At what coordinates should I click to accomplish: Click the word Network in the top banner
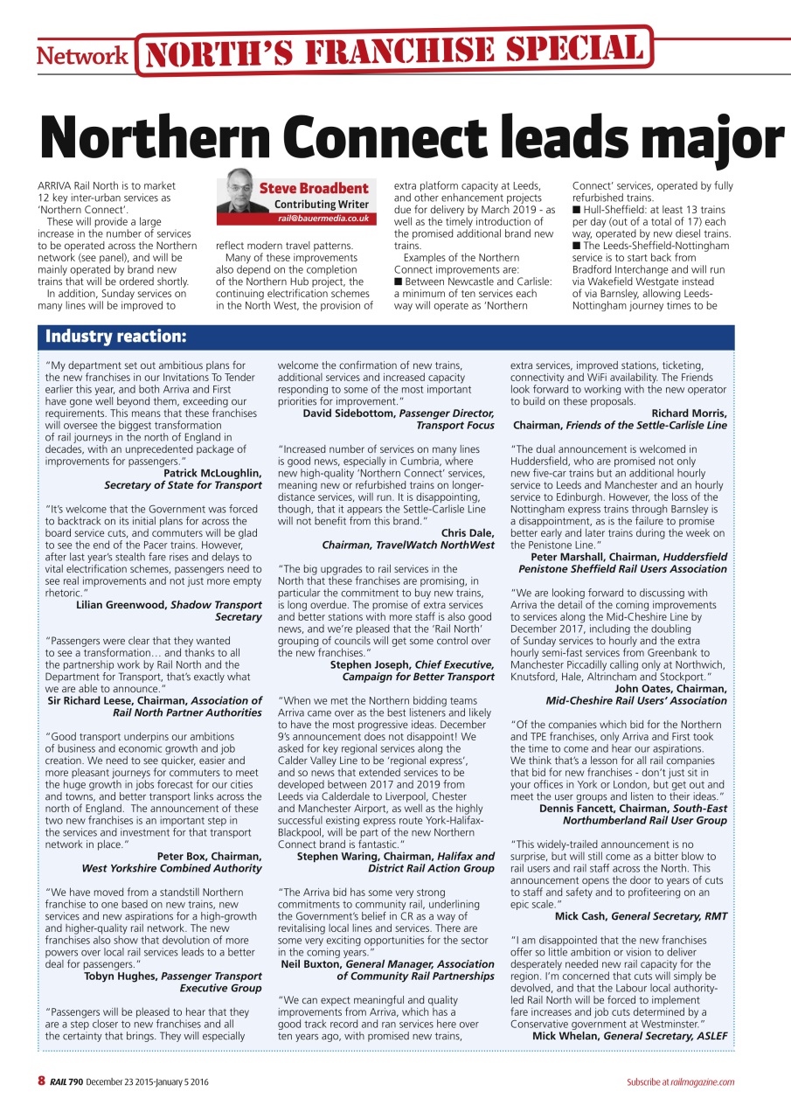point(81,56)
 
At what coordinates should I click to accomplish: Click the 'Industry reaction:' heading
point(115,337)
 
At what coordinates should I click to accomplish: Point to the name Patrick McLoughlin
point(212,473)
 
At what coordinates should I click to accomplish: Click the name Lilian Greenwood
point(121,605)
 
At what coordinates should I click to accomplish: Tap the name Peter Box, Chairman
point(209,856)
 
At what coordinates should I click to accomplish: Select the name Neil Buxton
point(313,963)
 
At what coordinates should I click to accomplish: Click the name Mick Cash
point(580,916)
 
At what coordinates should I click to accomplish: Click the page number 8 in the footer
point(41,1081)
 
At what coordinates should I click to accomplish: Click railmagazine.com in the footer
point(704,1082)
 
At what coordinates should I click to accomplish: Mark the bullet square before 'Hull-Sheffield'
point(575,211)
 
